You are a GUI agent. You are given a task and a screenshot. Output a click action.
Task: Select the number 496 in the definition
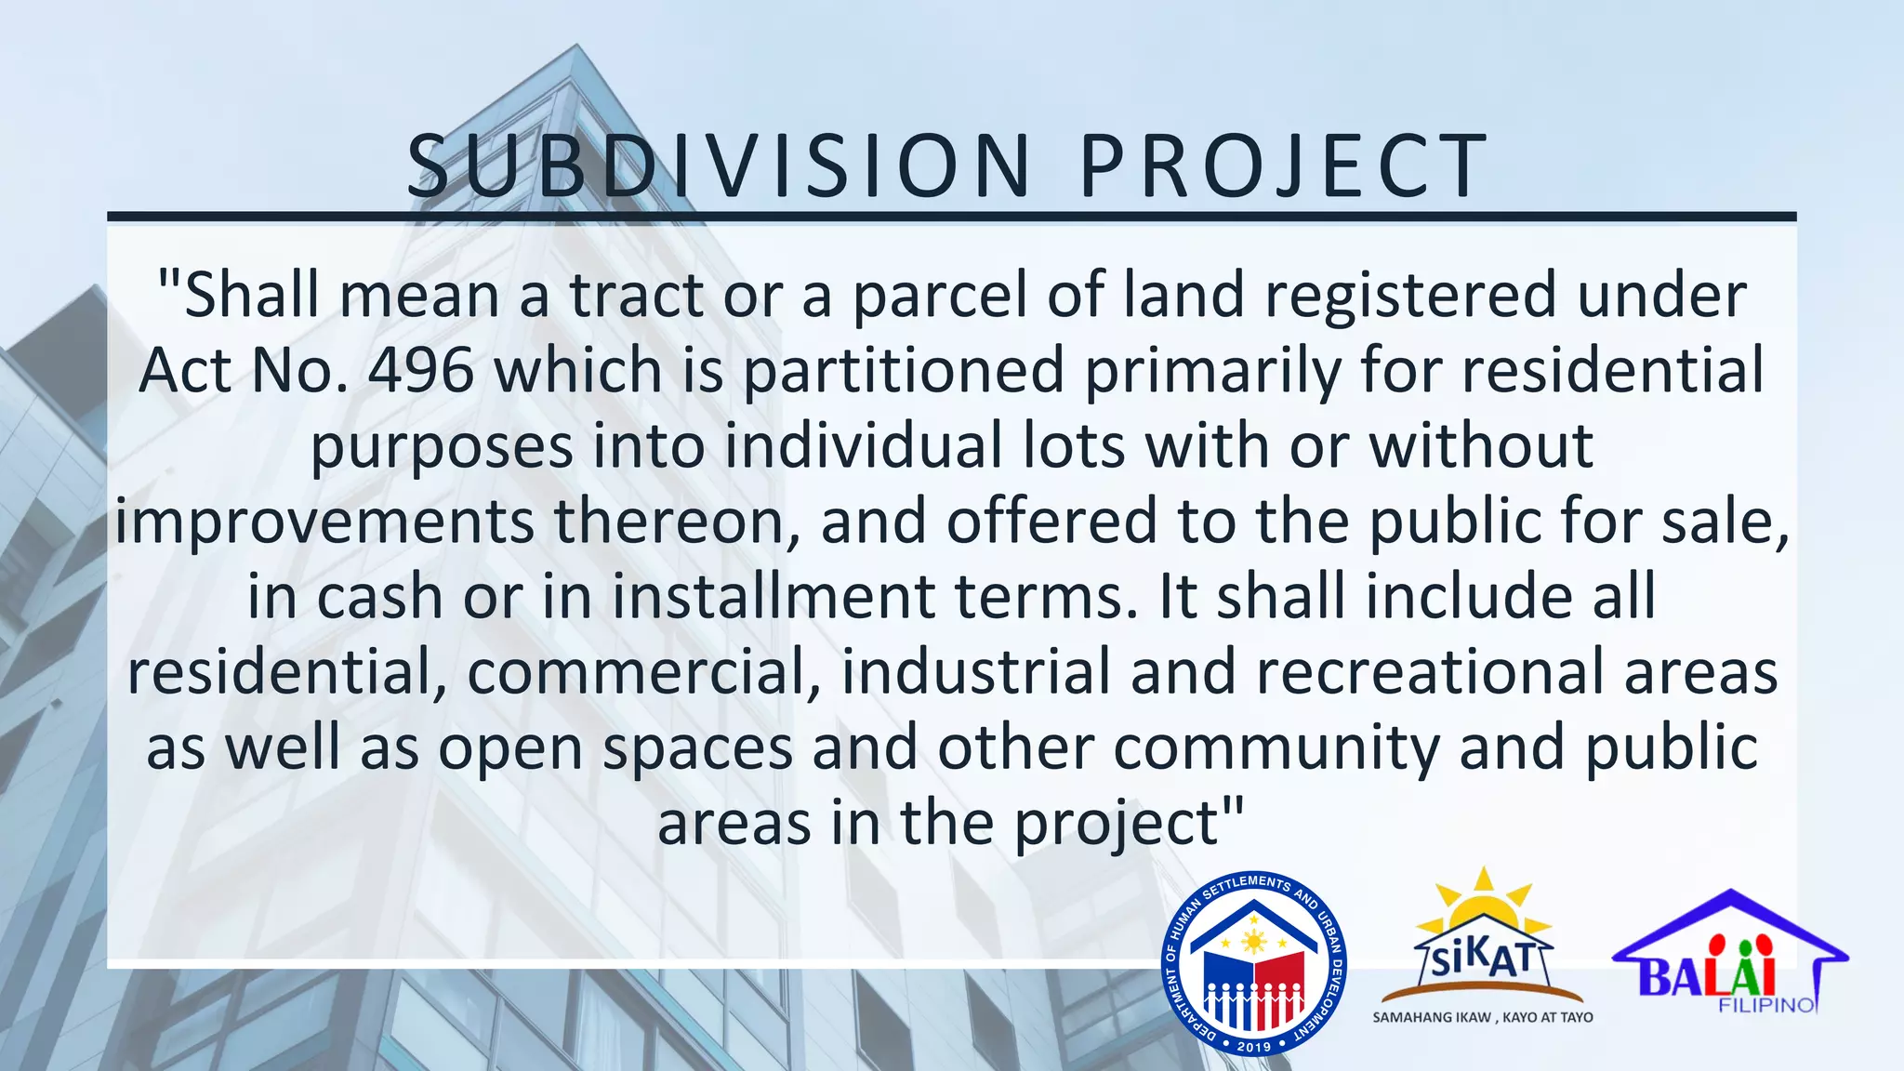[421, 370]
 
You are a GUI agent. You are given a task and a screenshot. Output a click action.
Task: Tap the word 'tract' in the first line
[637, 295]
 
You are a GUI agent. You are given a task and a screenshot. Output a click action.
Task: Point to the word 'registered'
[1409, 295]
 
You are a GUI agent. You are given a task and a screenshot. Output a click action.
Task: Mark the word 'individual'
[864, 445]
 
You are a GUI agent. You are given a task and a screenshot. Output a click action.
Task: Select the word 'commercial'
[643, 672]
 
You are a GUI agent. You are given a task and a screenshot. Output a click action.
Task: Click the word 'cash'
[379, 596]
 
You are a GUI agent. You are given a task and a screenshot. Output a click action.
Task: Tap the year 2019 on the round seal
[1254, 1046]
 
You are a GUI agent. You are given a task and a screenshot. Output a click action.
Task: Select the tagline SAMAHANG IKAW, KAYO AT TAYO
[1483, 1017]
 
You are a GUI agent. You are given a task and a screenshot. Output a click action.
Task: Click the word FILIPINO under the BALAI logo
[1766, 1005]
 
